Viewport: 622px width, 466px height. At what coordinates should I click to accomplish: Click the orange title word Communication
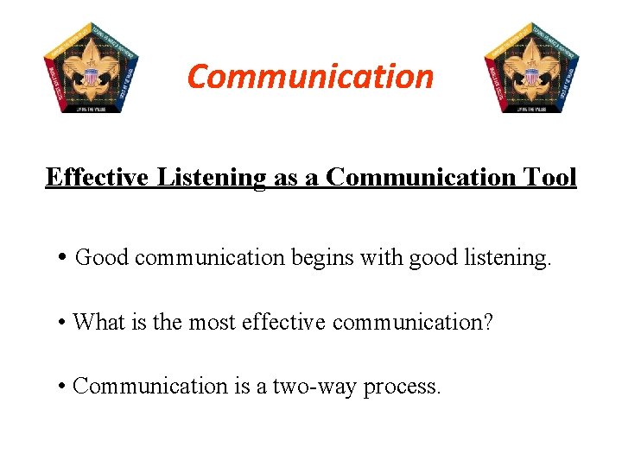click(x=310, y=76)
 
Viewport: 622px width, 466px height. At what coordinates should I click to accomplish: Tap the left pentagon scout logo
click(x=91, y=66)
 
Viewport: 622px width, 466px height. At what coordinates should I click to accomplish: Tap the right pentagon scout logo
click(x=531, y=66)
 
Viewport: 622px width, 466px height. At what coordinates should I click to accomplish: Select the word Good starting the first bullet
click(x=102, y=257)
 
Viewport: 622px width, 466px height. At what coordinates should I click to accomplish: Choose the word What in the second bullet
click(x=98, y=323)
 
